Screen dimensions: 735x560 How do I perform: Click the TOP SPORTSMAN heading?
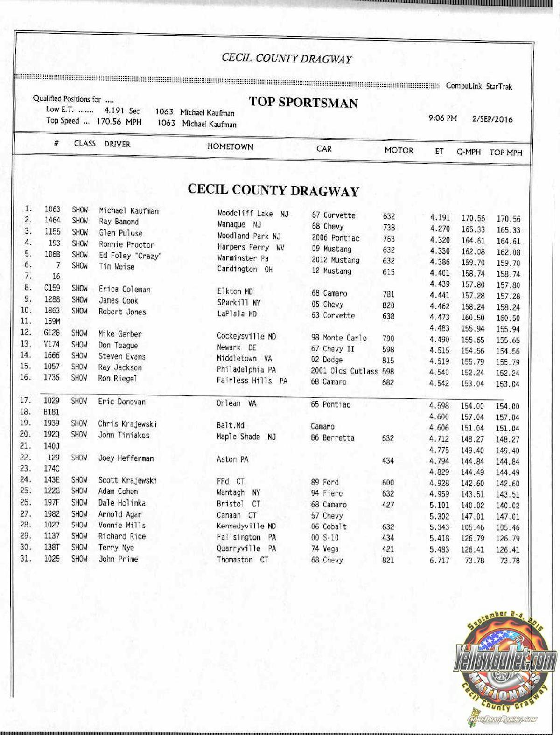click(x=303, y=102)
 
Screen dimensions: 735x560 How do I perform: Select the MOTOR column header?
click(x=399, y=150)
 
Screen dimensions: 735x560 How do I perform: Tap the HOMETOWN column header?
click(x=230, y=146)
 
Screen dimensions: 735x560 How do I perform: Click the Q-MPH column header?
click(x=468, y=152)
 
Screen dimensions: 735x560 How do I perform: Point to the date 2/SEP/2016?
click(x=492, y=119)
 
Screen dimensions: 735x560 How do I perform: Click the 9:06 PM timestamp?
click(x=442, y=118)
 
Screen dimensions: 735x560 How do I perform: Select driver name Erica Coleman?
click(x=124, y=289)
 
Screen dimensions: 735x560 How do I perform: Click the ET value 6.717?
click(x=439, y=560)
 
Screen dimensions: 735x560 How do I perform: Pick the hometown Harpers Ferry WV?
click(x=251, y=247)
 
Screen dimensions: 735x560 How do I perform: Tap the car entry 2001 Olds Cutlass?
click(x=344, y=371)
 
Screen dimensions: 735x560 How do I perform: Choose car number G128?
click(x=52, y=333)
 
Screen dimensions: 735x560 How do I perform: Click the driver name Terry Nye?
click(x=116, y=548)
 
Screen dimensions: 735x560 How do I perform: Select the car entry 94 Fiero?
click(x=327, y=493)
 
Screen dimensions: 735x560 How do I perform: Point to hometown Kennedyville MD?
click(x=246, y=526)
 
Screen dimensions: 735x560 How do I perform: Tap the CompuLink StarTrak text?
click(x=479, y=86)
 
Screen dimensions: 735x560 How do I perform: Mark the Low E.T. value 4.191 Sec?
click(x=121, y=111)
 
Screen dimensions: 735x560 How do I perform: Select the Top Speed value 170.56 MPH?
click(x=119, y=122)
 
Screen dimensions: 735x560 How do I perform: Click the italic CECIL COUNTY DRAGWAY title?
click(x=287, y=58)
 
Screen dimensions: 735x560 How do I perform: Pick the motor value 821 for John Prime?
click(x=388, y=560)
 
